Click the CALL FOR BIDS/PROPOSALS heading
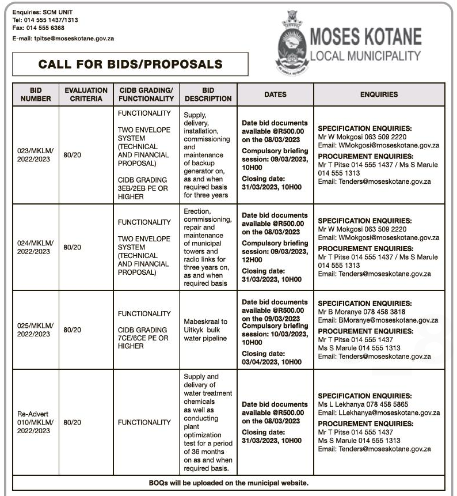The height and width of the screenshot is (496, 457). [x=130, y=64]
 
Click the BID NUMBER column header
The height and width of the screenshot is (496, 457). [x=36, y=94]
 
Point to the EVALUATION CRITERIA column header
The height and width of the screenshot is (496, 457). [x=86, y=94]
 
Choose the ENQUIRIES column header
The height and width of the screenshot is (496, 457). [x=379, y=94]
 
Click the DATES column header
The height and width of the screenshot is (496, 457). [x=275, y=94]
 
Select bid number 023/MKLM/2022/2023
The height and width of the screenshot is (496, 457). [x=36, y=155]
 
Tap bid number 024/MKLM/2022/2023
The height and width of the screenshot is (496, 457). [x=36, y=247]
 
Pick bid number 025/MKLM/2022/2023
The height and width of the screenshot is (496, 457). [x=36, y=330]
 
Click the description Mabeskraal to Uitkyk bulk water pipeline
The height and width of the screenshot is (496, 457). [x=208, y=330]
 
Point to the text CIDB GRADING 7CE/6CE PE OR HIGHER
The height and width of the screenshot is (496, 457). [x=143, y=338]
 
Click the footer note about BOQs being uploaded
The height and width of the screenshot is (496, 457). [x=228, y=482]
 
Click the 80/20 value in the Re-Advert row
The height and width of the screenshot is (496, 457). [x=73, y=422]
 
